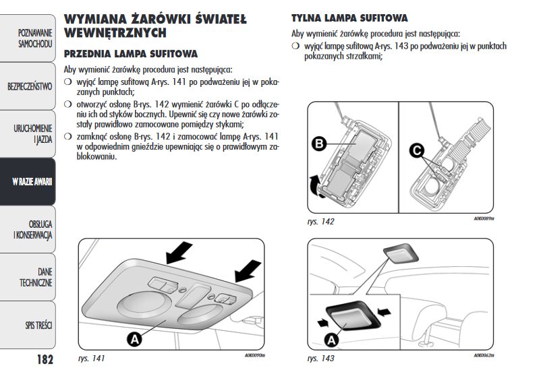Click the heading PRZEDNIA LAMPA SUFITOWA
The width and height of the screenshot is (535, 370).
[130, 53]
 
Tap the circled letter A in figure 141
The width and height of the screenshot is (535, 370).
[135, 338]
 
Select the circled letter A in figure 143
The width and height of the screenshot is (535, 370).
[331, 340]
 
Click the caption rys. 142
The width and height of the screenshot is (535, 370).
[320, 221]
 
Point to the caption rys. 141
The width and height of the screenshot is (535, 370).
[92, 358]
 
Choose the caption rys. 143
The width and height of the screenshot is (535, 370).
[320, 358]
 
